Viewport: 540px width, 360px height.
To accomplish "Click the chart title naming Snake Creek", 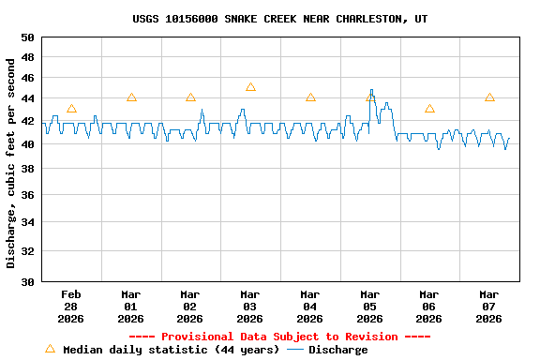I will tap(280, 19).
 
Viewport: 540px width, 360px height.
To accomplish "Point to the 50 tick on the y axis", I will tap(26, 37).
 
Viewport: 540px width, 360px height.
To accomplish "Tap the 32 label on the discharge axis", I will tap(26, 251).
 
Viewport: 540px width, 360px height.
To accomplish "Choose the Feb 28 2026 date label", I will tap(71, 306).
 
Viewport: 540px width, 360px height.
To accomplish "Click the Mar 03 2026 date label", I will tap(250, 306).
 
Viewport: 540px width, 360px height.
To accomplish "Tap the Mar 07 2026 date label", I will tap(488, 306).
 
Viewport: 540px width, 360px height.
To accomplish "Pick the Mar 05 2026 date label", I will tap(369, 306).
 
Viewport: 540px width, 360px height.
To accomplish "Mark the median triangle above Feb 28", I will tap(71, 109).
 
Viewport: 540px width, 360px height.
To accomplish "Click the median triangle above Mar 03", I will tap(250, 87).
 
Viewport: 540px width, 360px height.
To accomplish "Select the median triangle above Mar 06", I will tap(429, 109).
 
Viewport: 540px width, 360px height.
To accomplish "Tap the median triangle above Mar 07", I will tap(489, 97).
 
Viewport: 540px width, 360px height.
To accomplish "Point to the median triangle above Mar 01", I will tap(131, 97).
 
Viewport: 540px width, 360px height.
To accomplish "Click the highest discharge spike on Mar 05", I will tap(371, 90).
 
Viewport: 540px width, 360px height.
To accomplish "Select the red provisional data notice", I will tap(279, 337).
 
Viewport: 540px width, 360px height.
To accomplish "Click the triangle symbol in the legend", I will tap(50, 349).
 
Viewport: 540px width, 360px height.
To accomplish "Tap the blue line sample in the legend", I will tap(295, 350).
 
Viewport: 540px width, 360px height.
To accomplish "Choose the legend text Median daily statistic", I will tap(171, 350).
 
